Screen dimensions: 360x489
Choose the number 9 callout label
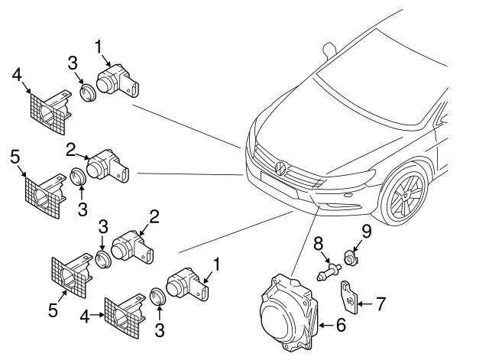click(x=366, y=230)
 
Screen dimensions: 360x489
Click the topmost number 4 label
click(x=17, y=75)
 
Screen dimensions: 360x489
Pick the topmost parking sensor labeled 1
click(x=115, y=79)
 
